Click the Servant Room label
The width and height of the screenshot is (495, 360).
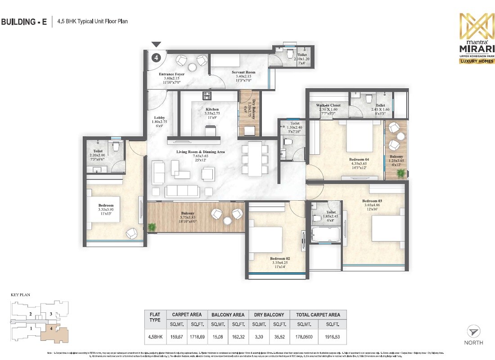tap(243, 72)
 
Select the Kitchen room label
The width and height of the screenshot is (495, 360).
tap(212, 109)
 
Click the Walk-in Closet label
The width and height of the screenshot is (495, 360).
tap(328, 105)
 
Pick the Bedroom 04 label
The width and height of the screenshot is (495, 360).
tap(359, 159)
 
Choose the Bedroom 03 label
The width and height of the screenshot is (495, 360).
tap(372, 201)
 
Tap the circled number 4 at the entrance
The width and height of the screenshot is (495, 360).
tap(156, 58)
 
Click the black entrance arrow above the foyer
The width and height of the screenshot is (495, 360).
tap(156, 44)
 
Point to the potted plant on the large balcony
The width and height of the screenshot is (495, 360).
tap(152, 227)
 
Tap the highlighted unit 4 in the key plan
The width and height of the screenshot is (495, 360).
tap(54, 333)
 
